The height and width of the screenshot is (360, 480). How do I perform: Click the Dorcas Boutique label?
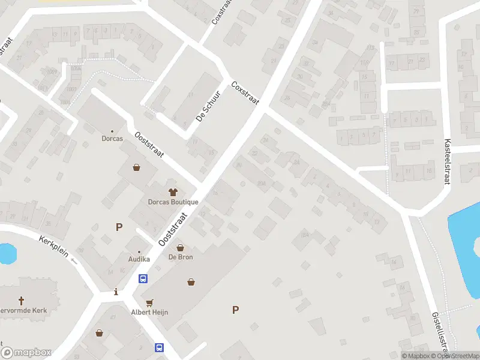coord(173,202)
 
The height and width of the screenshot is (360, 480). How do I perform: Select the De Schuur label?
coord(209,107)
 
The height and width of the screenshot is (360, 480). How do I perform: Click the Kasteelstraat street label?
coord(447,162)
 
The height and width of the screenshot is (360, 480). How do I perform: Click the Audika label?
coord(139,259)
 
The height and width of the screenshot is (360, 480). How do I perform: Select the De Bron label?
coord(179,257)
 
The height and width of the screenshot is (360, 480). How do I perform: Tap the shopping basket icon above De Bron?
coord(179,247)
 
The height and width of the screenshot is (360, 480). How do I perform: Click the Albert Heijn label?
coord(149,312)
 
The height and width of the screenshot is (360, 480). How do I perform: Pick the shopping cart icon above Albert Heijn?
coord(149,302)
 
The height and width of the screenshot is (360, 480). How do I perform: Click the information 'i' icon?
coord(116,292)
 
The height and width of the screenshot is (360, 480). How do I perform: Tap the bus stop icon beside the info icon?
coord(143,278)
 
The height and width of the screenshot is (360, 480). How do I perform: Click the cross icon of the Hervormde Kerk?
coord(22,300)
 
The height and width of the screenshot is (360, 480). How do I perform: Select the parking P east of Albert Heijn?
coord(235,310)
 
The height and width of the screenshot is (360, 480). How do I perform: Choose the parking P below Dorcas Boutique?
coord(119,227)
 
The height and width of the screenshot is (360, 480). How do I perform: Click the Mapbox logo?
coord(26,353)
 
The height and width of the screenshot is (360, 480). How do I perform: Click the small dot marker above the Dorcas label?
coord(112,131)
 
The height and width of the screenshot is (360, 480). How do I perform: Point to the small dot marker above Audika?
coord(139,251)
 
